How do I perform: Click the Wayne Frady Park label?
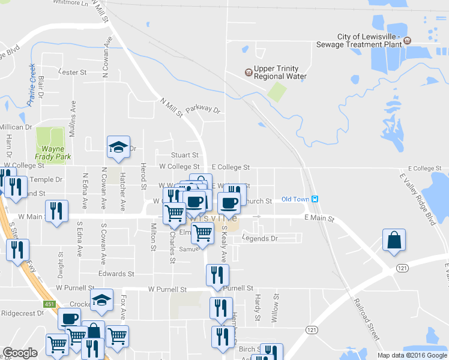pos(52,153)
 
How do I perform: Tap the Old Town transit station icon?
pos(315,199)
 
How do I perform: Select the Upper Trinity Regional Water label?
pos(280,73)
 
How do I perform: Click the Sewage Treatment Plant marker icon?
pos(408,41)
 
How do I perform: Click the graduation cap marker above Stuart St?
pos(118,147)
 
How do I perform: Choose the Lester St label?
pos(73,72)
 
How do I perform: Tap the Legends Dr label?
pos(260,239)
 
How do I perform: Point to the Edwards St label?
pos(112,274)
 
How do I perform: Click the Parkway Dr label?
pos(203,109)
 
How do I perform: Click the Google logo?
pos(20,353)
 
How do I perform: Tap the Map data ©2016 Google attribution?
pos(412,355)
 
